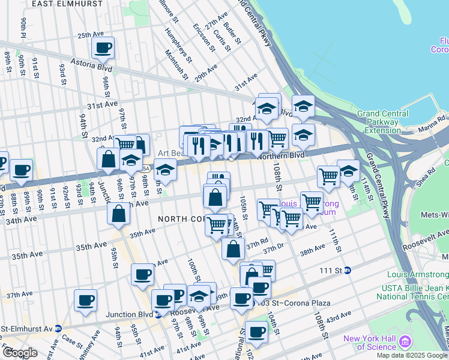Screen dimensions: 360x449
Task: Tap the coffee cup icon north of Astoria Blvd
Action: coord(103,48)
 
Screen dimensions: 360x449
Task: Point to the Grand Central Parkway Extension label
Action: coord(383,122)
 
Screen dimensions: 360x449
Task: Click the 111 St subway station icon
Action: coord(347,271)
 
